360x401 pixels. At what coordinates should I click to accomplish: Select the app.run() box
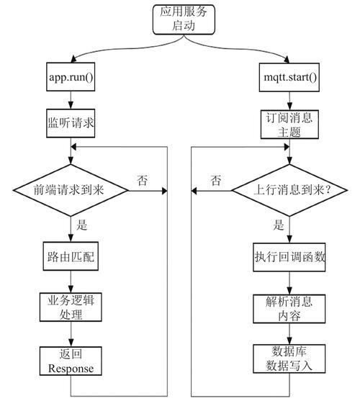click(x=71, y=76)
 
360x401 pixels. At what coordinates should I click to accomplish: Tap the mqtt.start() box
click(x=289, y=76)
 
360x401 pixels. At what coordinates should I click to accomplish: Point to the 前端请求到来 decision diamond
click(x=71, y=192)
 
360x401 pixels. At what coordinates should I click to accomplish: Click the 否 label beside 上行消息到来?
click(x=215, y=180)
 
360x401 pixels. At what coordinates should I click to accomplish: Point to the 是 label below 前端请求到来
click(x=81, y=225)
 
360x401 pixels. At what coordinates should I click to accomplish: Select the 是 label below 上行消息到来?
click(x=279, y=225)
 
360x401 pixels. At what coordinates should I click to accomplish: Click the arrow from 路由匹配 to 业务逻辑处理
click(x=71, y=281)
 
